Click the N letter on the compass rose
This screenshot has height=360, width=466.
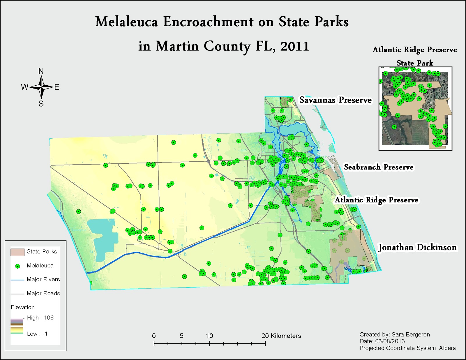41,71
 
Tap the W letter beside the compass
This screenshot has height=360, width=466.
24,87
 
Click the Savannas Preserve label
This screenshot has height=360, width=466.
335,100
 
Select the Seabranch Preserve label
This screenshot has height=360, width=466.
378,167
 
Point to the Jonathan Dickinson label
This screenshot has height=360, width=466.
417,248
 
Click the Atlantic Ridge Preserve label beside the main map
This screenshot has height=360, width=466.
376,200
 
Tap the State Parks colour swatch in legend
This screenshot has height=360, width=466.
17,252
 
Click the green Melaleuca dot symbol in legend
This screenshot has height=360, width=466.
17,266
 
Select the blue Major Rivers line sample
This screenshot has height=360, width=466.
17,280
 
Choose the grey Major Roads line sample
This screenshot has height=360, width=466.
17,294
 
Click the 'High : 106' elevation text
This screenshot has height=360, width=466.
40,318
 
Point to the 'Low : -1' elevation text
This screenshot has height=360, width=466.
37,334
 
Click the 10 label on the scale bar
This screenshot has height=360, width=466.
209,336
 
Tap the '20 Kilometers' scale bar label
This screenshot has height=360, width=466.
281,336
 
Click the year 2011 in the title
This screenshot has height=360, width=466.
294,46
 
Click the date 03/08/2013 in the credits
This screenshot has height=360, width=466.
390,341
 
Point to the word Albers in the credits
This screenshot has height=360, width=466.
447,348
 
